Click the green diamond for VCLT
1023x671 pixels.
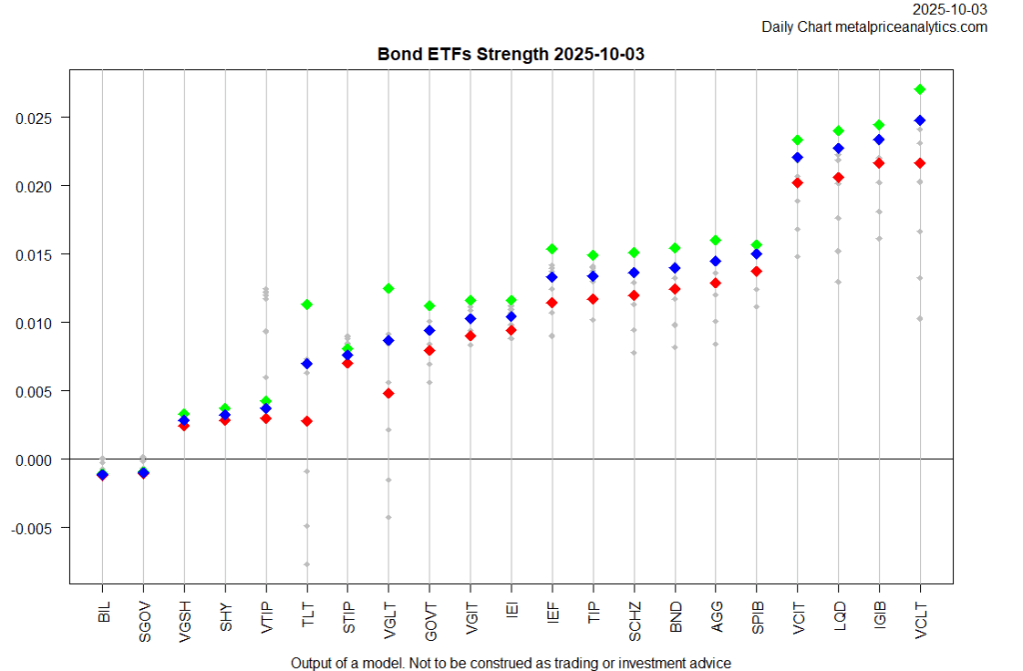pos(920,89)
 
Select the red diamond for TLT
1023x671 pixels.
pos(307,421)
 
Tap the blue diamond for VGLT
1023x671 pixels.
pos(389,341)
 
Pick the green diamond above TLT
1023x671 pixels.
pos(307,304)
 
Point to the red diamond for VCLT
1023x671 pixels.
pos(920,163)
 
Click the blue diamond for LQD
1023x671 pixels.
pos(838,148)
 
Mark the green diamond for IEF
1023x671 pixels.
pos(552,249)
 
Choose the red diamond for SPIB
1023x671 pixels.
pos(756,271)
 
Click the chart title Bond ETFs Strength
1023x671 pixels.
pos(511,54)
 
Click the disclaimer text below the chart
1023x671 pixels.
pos(511,662)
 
